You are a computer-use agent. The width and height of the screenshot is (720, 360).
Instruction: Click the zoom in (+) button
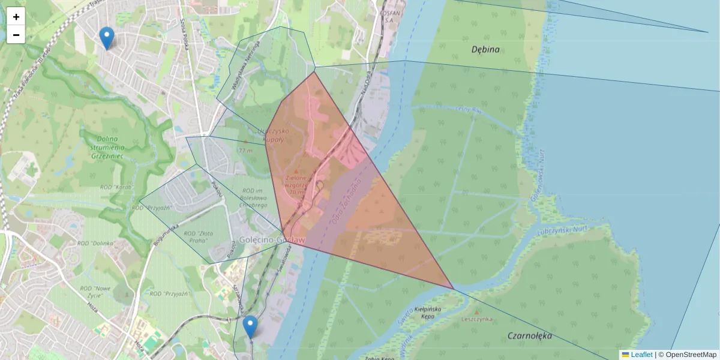coord(16,17)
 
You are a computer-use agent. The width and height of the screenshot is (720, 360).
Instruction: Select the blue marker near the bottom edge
coord(250,327)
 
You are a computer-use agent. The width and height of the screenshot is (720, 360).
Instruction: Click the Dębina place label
coord(485,50)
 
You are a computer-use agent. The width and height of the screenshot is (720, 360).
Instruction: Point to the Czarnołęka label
coord(529,336)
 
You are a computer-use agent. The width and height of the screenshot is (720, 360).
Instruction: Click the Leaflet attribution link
coord(641,355)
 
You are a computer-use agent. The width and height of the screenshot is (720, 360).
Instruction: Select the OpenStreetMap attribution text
coord(691,355)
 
